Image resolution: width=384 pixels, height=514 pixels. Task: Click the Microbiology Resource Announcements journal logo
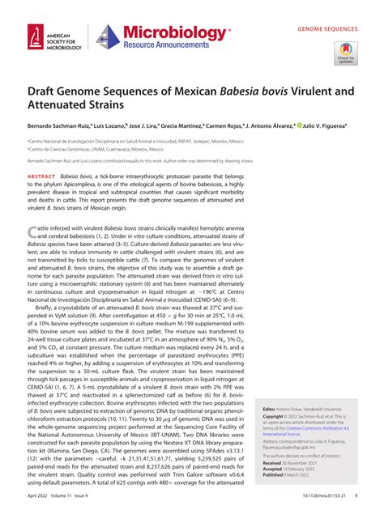point(162,36)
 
